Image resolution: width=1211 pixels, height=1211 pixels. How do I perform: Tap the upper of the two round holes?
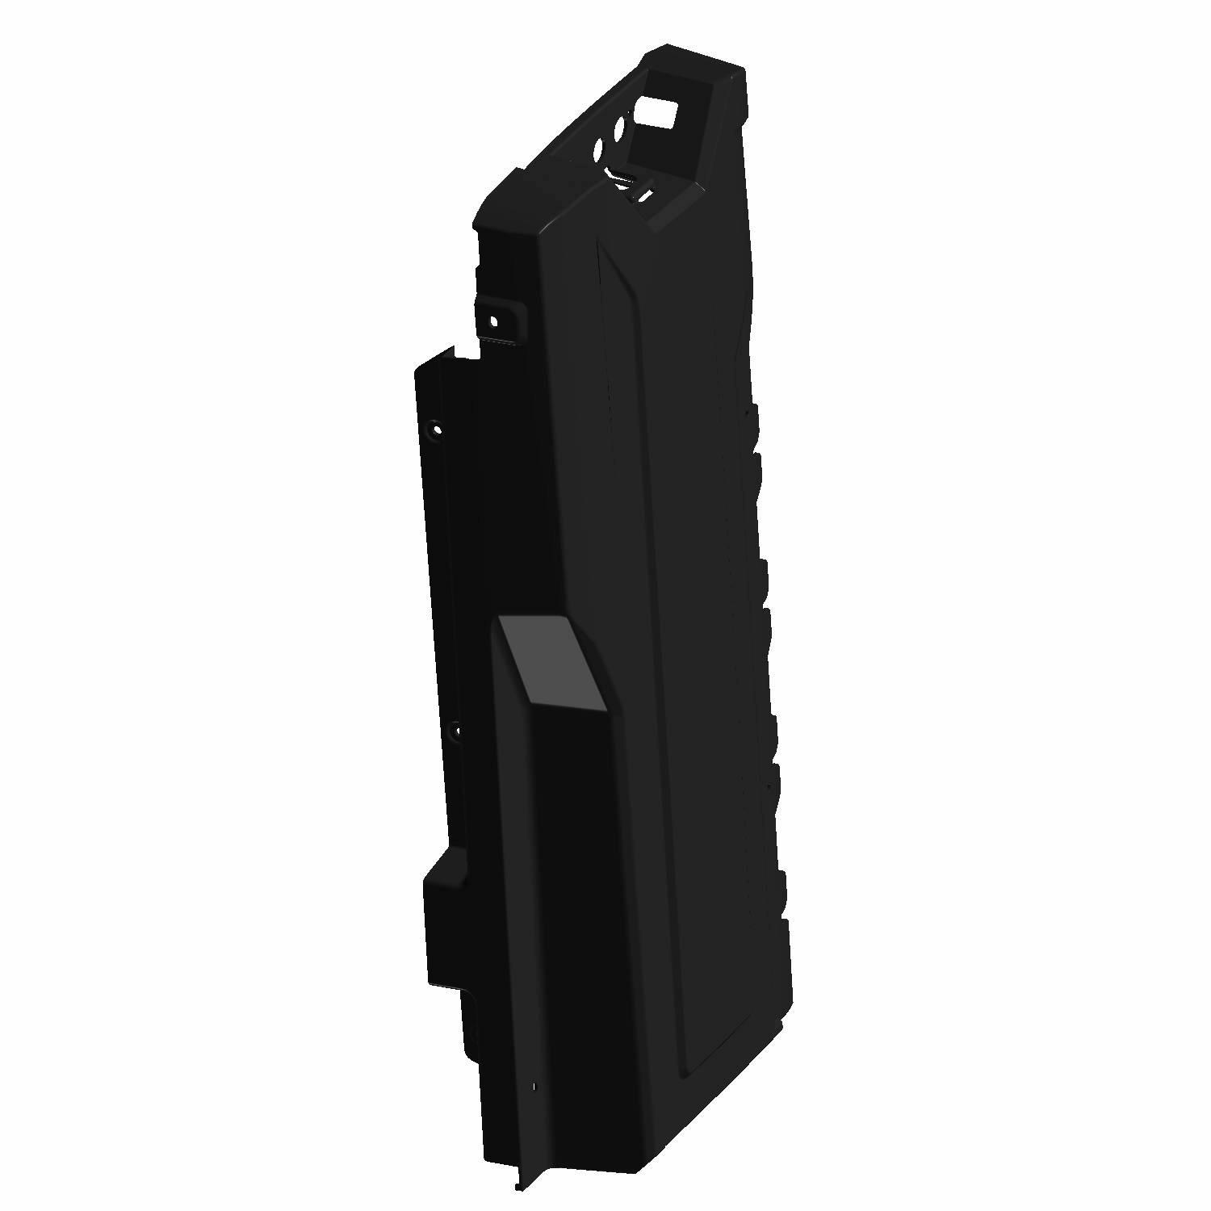coord(622,129)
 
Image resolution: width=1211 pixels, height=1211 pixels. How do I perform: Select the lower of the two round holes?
coord(599,150)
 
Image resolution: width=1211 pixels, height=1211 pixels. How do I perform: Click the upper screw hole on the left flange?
coord(437,428)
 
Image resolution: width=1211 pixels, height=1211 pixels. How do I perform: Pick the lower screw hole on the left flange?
coord(456,731)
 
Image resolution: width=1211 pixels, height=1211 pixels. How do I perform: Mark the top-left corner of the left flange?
coord(417,368)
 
